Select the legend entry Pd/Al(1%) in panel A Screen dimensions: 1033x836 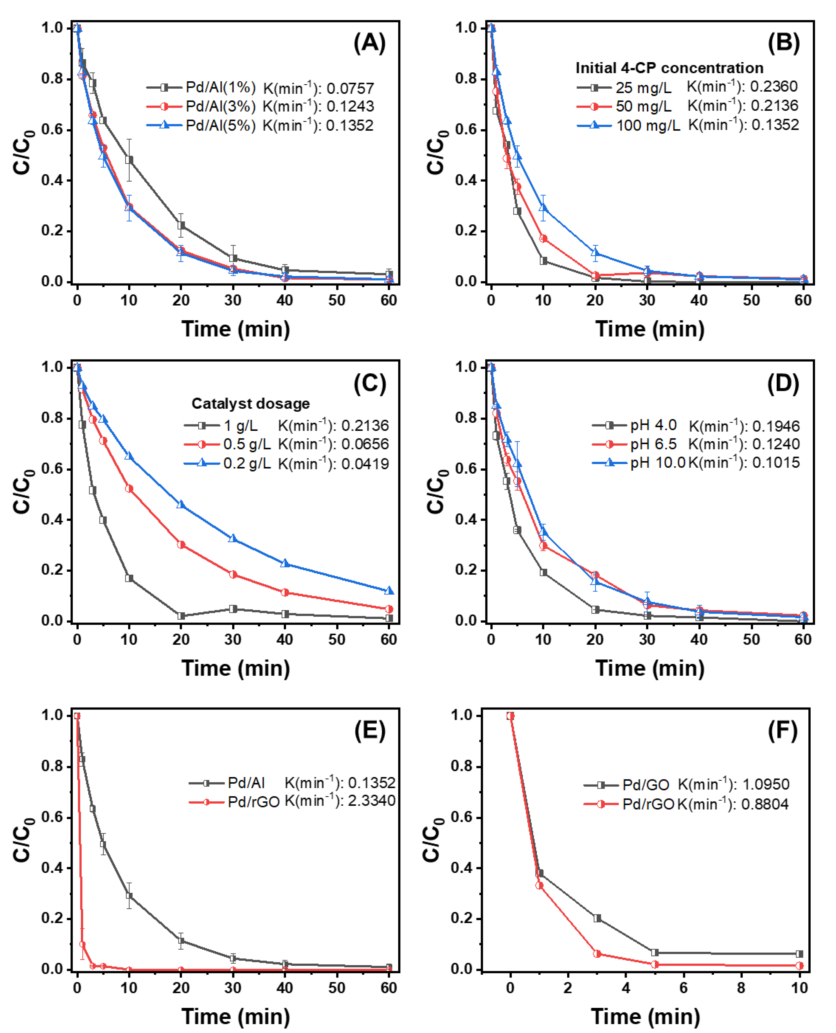221,87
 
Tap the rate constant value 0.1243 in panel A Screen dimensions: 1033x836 350,107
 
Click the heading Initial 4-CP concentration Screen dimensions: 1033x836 669,68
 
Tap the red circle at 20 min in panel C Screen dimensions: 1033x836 181,545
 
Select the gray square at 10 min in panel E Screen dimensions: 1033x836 129,896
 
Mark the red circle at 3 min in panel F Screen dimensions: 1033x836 597,953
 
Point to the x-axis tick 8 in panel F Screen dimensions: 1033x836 741,988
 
